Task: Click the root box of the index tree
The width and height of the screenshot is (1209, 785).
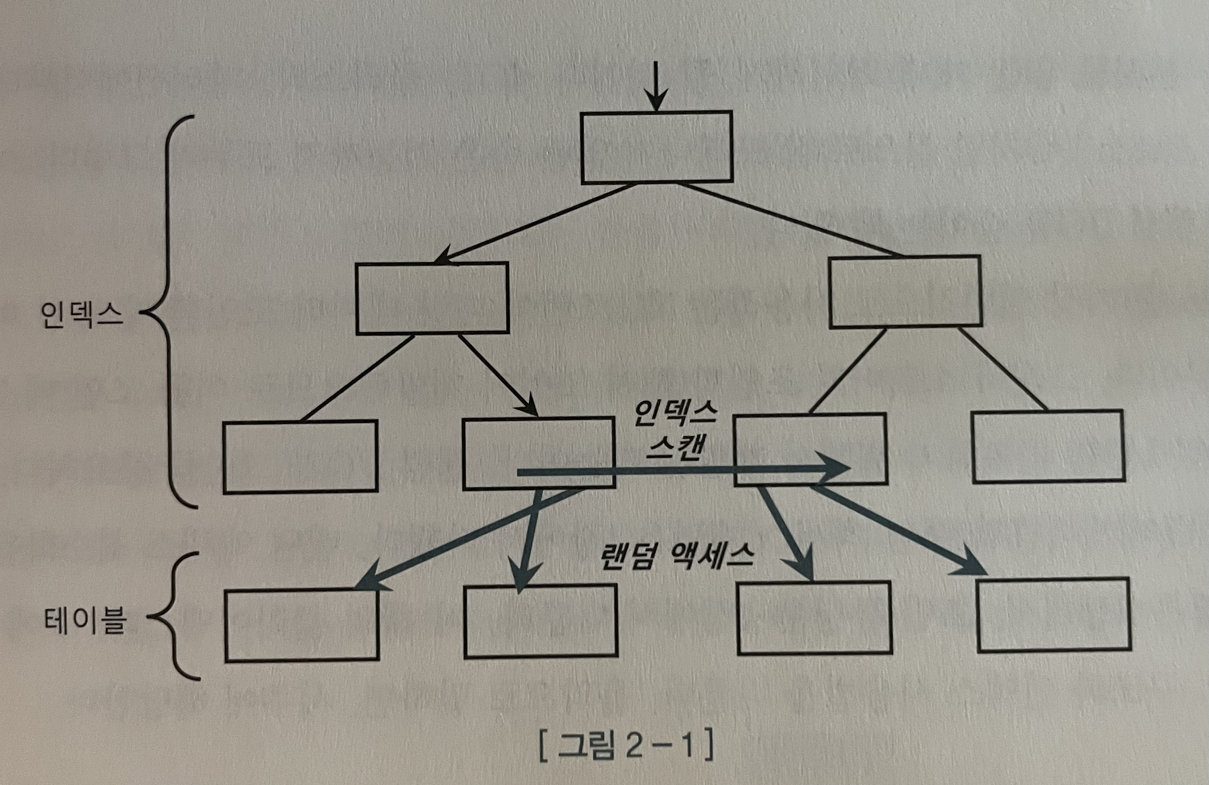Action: (656, 147)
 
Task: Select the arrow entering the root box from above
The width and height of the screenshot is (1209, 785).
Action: (656, 86)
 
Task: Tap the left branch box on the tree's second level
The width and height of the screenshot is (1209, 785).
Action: (432, 298)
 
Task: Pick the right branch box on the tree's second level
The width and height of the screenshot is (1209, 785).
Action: (905, 292)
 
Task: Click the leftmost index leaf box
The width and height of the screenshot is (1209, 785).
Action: (300, 456)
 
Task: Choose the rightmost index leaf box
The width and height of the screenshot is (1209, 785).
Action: (1048, 446)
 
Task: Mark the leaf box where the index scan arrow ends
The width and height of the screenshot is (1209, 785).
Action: (811, 450)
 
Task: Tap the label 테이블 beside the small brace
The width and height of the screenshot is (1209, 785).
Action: (85, 620)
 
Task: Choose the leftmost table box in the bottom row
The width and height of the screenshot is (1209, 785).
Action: (302, 625)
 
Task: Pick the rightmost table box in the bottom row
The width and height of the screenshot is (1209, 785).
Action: (1054, 615)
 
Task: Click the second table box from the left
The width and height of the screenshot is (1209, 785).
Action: (541, 621)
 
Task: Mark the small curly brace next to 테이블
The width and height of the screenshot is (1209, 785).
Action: (173, 616)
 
